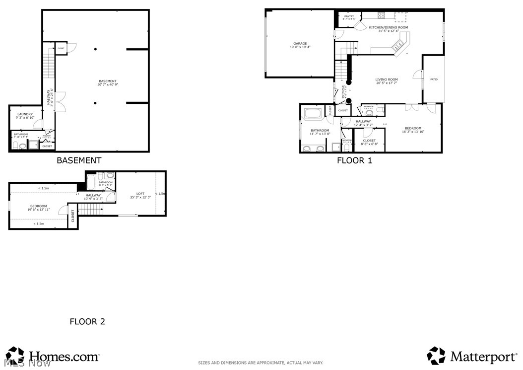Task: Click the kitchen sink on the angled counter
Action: [x=398, y=47]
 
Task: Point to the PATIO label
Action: [x=434, y=79]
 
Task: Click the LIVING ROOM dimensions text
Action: [x=387, y=83]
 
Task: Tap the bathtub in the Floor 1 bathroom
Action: [x=313, y=113]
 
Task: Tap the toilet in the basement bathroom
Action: [x=15, y=146]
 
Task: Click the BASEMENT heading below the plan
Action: [x=79, y=160]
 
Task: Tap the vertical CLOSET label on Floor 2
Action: [x=73, y=215]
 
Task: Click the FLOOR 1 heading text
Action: [x=354, y=160]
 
